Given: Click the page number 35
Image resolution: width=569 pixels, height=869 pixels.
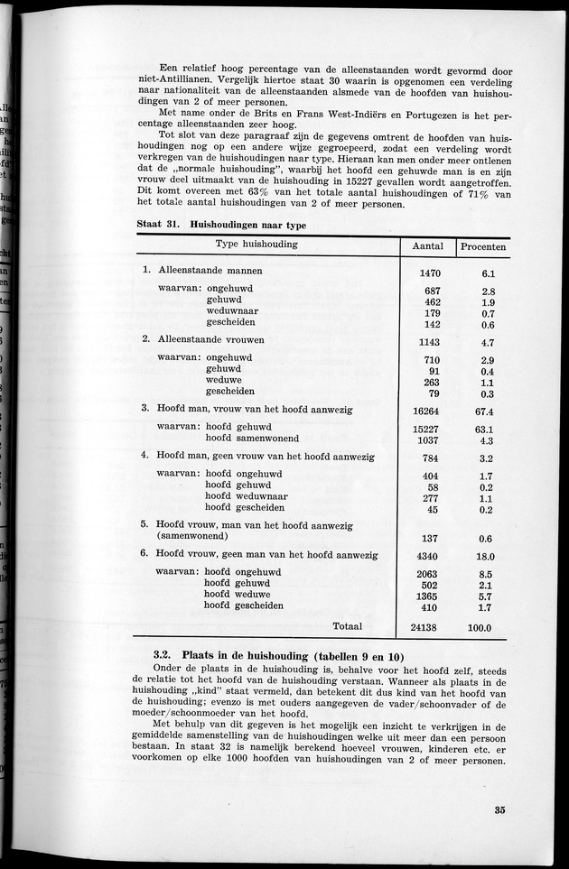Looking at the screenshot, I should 500,809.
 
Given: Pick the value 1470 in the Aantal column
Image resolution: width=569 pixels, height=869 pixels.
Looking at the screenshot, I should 429,273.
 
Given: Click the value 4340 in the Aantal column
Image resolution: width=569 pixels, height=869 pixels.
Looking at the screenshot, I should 427,557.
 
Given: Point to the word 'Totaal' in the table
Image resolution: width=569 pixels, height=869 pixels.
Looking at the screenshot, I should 348,626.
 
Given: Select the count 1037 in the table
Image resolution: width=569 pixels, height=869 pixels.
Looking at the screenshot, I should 429,440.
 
